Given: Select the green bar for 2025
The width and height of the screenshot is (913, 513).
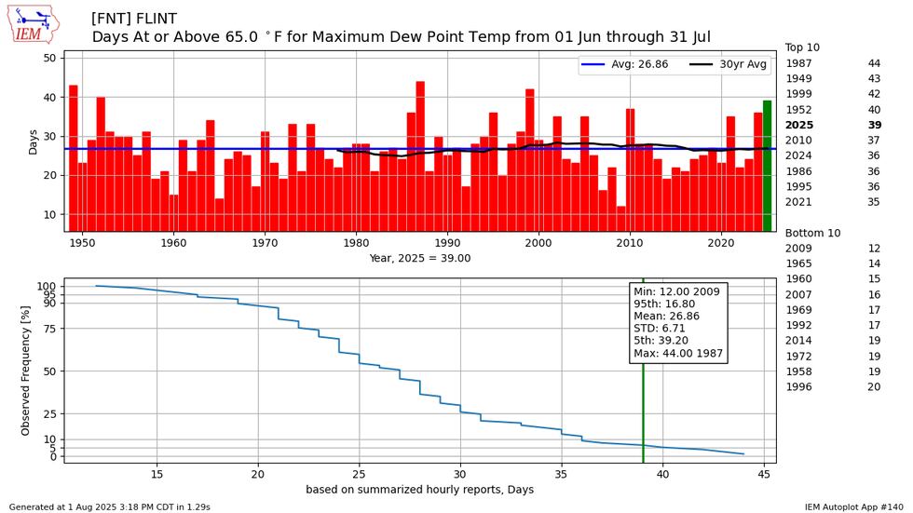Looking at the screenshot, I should [x=767, y=166].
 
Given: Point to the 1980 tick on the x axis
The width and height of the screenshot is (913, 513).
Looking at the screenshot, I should [x=356, y=243].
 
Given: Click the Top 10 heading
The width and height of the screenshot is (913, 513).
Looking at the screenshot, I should [x=802, y=47].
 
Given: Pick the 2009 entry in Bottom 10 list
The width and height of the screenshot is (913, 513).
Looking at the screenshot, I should [x=798, y=249].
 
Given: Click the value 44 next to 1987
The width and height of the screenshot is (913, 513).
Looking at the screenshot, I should [x=874, y=63].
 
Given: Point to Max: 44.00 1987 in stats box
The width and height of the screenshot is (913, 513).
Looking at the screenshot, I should [x=678, y=354].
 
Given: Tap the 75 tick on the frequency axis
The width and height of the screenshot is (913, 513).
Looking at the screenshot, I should [x=52, y=329].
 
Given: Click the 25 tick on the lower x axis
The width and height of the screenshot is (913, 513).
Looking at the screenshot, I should [x=359, y=473].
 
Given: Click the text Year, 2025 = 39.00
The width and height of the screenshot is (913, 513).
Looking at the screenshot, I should [x=419, y=259].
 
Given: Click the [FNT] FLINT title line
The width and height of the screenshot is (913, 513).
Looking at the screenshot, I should [x=134, y=19].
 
